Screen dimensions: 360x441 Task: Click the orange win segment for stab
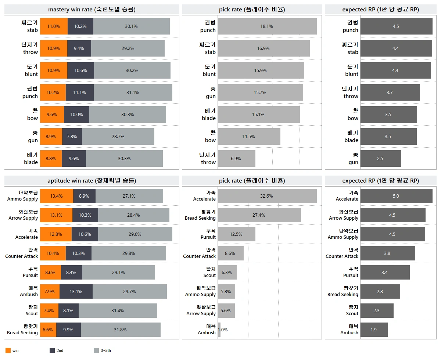pos(54,26)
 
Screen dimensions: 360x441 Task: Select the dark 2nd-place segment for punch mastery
pos(80,93)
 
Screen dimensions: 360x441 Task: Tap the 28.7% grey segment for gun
pos(118,137)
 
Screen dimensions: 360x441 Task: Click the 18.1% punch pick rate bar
pos(267,26)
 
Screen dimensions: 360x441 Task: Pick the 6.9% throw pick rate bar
pos(237,159)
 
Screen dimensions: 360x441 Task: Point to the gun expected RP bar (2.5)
pos(381,159)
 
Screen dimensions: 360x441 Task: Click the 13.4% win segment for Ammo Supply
pos(57,196)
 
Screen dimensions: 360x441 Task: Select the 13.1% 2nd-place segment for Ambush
pos(76,292)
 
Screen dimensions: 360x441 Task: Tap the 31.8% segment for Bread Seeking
pos(121,330)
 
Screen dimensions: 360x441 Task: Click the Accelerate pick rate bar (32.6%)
pos(267,196)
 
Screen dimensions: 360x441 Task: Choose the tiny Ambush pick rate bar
pos(219,330)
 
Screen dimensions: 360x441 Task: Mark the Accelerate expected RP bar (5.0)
pos(396,196)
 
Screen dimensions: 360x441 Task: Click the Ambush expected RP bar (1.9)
pos(374,330)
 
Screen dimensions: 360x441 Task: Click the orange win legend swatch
pos(8,350)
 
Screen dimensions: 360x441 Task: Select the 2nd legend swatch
pos(52,350)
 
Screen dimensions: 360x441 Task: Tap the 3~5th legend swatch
pos(96,350)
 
